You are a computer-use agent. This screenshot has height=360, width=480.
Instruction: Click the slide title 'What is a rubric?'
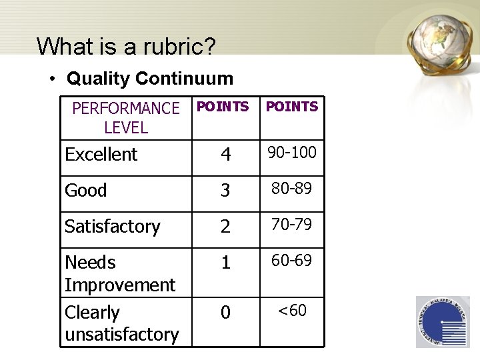click(x=126, y=46)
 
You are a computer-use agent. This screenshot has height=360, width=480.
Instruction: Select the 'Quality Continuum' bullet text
click(x=149, y=79)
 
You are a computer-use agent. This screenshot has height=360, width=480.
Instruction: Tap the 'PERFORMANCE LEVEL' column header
click(x=125, y=117)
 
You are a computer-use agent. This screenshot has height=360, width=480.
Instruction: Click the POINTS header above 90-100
click(x=291, y=107)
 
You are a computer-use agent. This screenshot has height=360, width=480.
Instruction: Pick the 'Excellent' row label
click(x=101, y=155)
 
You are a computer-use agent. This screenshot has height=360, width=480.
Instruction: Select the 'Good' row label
click(x=86, y=191)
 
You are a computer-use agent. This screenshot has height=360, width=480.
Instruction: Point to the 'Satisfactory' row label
click(x=112, y=227)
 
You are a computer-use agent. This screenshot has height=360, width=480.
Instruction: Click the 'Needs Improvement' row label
click(x=120, y=273)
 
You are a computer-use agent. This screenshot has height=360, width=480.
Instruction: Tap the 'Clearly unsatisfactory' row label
click(x=121, y=323)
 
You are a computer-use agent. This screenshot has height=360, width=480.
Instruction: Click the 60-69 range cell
click(x=292, y=261)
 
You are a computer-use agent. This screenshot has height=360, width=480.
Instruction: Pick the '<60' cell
click(x=292, y=310)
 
